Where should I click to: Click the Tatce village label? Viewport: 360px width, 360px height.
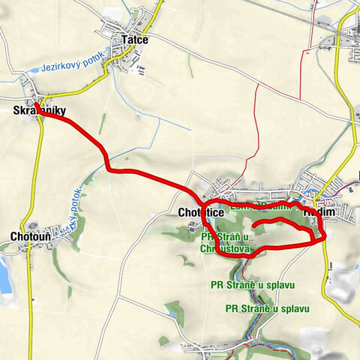pyautogui.click(x=136, y=41)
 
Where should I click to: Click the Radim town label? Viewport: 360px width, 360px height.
pyautogui.click(x=319, y=213)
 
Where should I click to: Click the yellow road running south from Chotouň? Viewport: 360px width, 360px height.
pyautogui.click(x=30, y=300)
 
